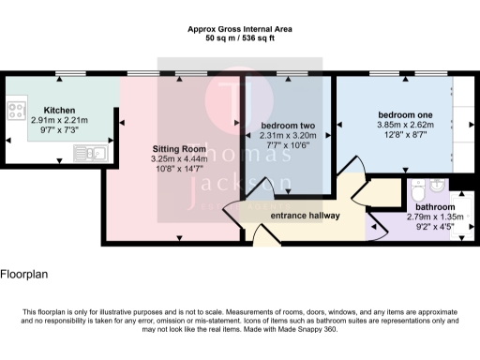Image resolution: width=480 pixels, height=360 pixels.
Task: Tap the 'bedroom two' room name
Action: [287, 125]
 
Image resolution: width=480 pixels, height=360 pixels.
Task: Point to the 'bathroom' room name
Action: [435, 206]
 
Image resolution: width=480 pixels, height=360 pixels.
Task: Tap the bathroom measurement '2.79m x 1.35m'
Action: [435, 217]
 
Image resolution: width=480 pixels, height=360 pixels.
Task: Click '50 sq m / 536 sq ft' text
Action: [240, 40]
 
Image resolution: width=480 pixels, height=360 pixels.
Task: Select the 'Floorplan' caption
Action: [24, 277]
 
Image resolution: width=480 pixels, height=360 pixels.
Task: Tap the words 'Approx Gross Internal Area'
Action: [240, 30]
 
